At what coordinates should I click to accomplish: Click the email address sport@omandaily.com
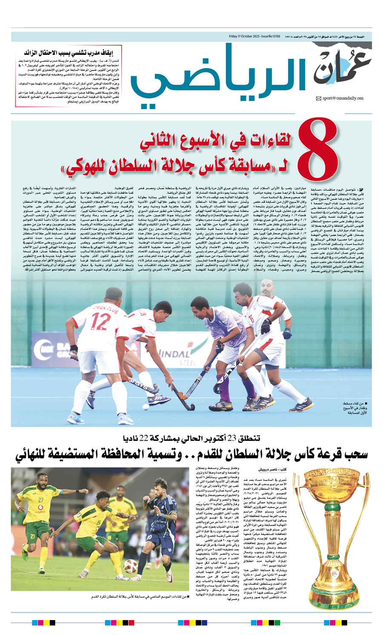click(x=343, y=98)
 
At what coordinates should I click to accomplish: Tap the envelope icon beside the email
click(x=318, y=99)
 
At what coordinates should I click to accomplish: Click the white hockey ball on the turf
click(x=146, y=407)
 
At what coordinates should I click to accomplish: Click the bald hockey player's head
click(x=267, y=286)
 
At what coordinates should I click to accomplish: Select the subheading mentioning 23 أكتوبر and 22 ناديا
click(x=191, y=438)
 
